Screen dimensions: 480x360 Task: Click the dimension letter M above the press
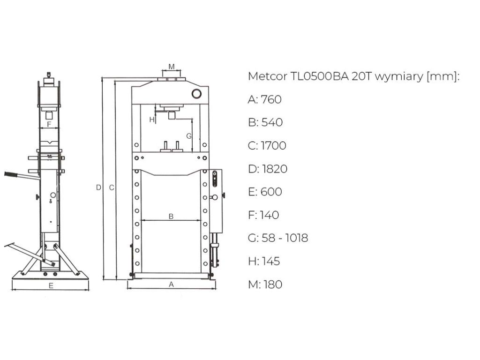tap(172, 67)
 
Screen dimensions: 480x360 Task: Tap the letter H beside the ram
tap(151, 120)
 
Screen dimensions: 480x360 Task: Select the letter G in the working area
tap(189, 136)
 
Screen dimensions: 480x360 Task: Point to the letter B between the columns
tap(171, 217)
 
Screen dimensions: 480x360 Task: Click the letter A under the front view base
tap(172, 285)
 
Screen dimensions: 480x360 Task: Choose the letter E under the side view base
tap(51, 285)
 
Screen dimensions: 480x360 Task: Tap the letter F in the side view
tap(49, 124)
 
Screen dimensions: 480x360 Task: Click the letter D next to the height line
tap(98, 187)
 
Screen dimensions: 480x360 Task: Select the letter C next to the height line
tap(112, 187)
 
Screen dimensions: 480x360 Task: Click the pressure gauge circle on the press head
tap(196, 94)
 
